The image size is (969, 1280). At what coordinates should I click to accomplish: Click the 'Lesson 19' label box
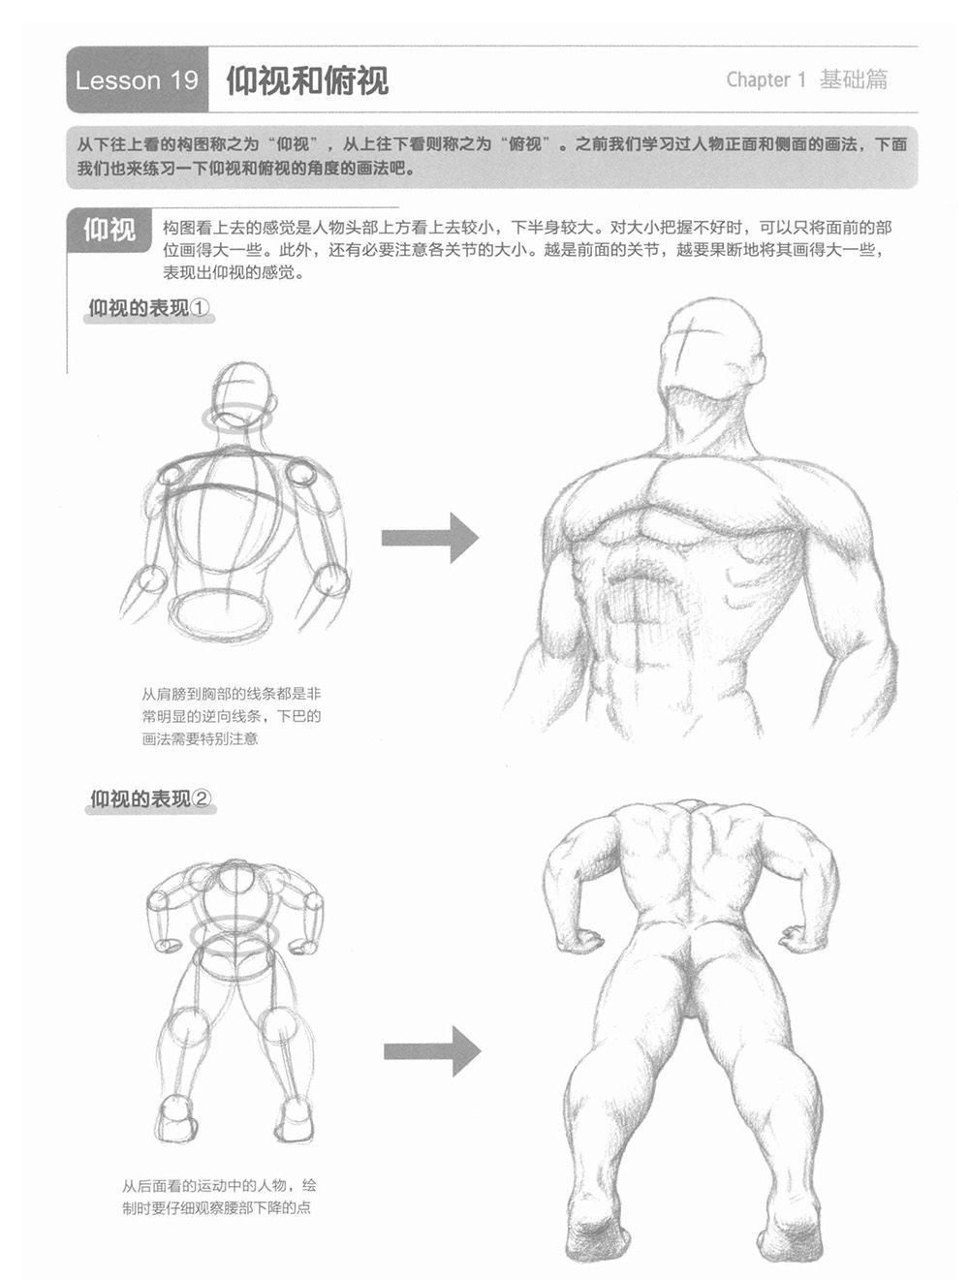point(137,79)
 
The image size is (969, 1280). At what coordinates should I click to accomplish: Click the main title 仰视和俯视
point(307,79)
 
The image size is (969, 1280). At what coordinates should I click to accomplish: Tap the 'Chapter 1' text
point(766,79)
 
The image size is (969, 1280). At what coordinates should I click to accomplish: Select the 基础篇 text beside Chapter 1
point(853,79)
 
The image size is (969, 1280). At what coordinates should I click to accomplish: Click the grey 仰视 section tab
point(109,230)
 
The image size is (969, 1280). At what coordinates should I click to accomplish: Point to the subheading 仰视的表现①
point(149,308)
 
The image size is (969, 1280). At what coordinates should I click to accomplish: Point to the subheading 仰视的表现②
point(150,798)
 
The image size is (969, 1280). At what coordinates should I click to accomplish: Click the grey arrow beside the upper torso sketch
point(430,538)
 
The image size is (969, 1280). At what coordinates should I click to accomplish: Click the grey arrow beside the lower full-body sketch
point(432,1051)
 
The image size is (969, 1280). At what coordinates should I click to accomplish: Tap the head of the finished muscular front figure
point(712,350)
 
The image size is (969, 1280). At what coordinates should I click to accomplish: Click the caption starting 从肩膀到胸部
point(232,716)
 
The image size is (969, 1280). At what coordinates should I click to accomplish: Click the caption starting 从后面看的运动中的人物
point(219,1197)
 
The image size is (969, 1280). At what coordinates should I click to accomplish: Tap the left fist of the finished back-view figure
point(578,940)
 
